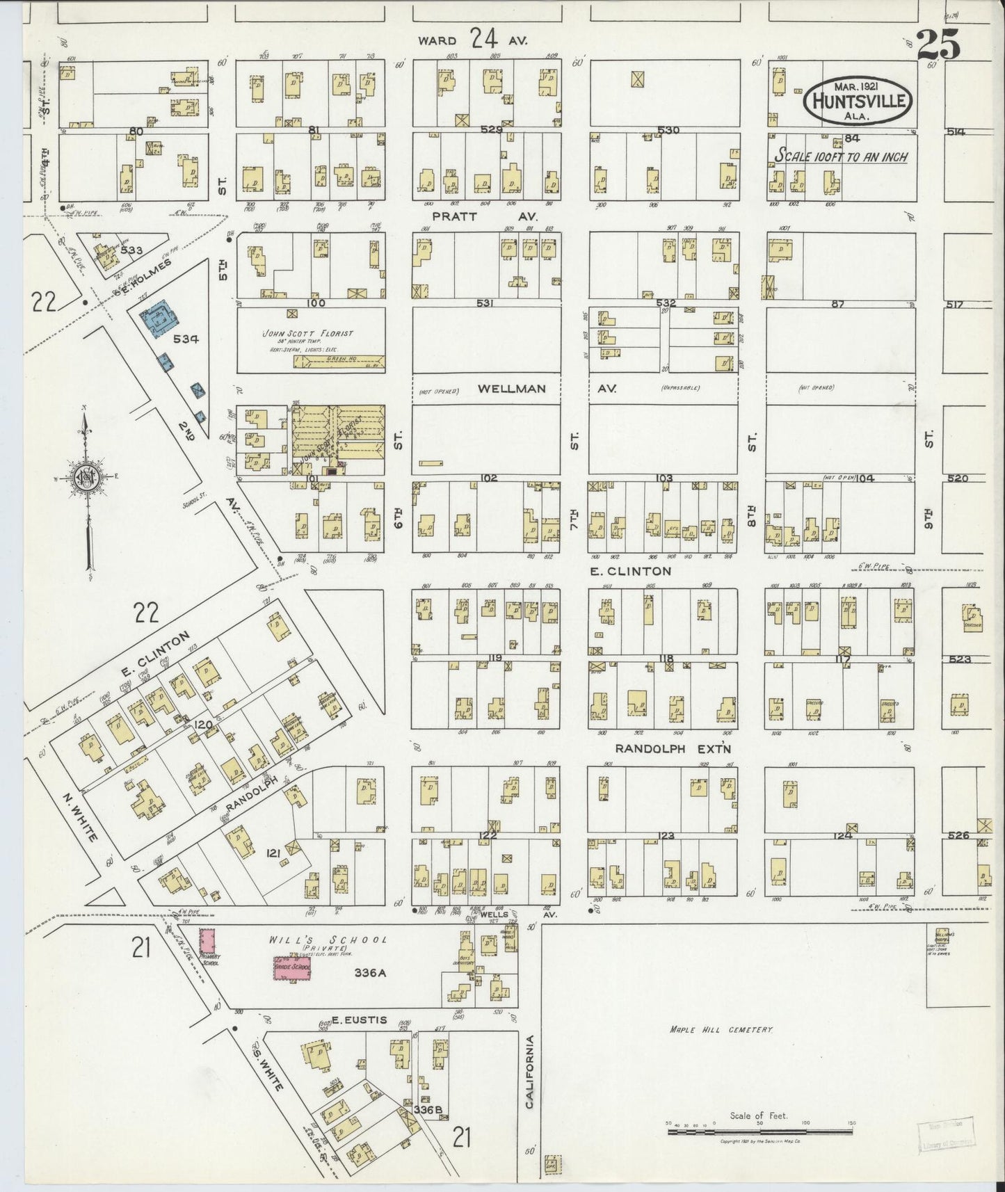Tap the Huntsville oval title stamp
858,102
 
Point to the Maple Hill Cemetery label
721,1029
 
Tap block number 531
485,303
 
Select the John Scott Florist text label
307,333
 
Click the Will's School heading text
328,940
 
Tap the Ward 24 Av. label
472,40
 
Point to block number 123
666,835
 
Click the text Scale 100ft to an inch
841,156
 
